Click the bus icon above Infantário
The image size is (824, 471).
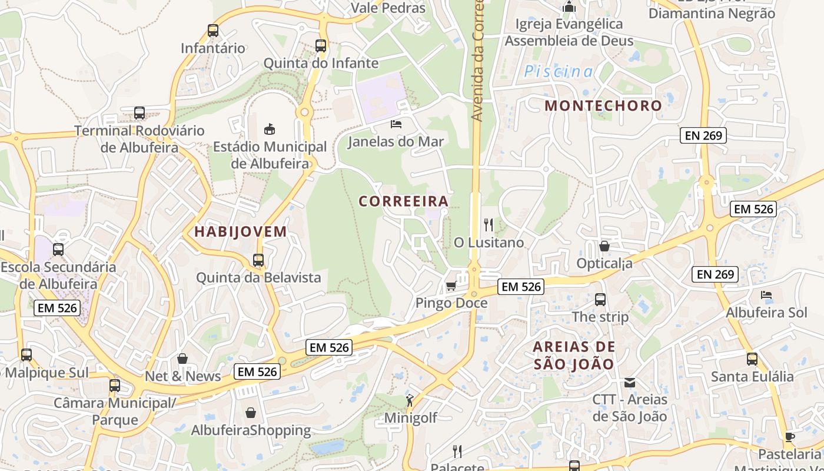coord(213,31)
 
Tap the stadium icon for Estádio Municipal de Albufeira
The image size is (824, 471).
coord(270,129)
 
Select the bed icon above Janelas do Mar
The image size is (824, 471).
coord(396,124)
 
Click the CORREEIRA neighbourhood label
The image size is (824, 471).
coord(404,201)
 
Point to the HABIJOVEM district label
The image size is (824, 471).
coord(241,232)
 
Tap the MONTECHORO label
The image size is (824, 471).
coord(603,106)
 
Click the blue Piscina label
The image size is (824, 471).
coord(559,72)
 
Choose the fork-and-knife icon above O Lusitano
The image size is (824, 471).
coord(488,224)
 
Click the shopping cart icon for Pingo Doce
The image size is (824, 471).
coord(451,286)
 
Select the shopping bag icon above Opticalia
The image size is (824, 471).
coord(604,246)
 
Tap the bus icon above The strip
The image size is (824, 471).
coord(600,300)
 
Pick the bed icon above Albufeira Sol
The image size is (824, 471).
coord(766,295)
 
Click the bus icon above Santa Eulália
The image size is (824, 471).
coord(752,359)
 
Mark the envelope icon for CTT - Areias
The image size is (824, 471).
coord(630,383)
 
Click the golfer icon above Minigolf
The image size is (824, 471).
coord(410,401)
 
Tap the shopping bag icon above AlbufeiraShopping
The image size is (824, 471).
coord(251,413)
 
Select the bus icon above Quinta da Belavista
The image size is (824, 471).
coord(258,260)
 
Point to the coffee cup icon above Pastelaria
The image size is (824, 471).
coord(790,437)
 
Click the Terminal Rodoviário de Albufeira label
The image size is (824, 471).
coord(139,139)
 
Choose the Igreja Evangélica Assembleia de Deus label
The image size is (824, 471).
coord(569,32)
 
